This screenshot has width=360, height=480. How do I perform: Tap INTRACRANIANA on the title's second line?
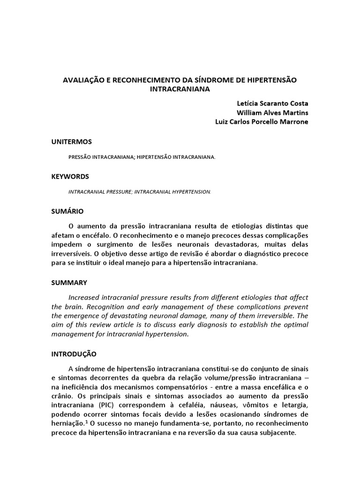[180, 89]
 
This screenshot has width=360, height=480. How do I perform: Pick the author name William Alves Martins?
[272, 112]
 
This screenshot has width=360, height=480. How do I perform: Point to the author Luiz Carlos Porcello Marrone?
[262, 122]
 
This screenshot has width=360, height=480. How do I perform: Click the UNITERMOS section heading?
[71, 142]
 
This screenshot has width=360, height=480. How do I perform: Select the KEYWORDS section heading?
[70, 176]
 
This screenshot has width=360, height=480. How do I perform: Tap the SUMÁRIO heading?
[67, 211]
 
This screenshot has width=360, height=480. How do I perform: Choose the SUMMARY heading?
[69, 283]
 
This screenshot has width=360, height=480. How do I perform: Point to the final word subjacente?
[278, 433]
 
